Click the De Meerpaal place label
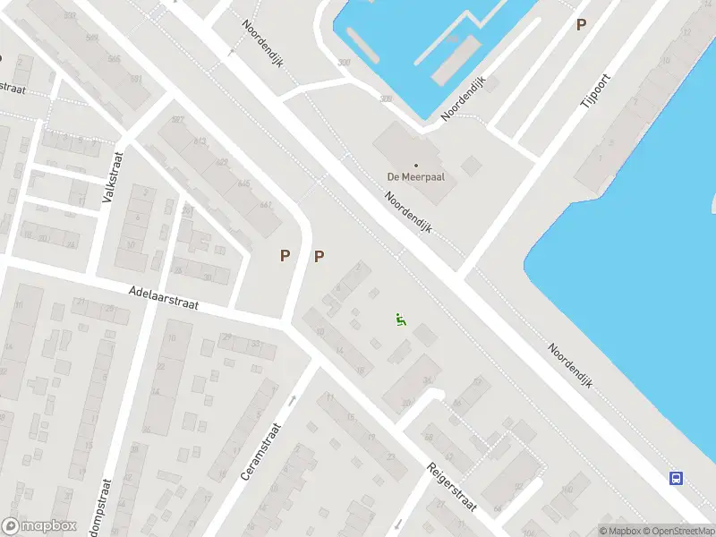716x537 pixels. (x=416, y=176)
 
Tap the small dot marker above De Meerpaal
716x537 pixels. (x=416, y=165)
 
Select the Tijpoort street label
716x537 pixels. (x=593, y=92)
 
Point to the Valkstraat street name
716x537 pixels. (x=114, y=176)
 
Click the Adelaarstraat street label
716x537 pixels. (x=163, y=297)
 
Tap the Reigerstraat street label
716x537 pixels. (x=452, y=487)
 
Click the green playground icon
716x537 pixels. (x=401, y=319)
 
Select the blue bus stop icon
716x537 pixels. (x=677, y=478)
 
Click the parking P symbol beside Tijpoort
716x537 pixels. (x=582, y=25)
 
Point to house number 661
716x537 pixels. (x=266, y=204)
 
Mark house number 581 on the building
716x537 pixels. (x=137, y=80)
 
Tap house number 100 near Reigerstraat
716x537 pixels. (x=566, y=489)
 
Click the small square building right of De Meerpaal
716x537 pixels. (x=471, y=166)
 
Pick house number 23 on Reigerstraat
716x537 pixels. (x=390, y=456)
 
